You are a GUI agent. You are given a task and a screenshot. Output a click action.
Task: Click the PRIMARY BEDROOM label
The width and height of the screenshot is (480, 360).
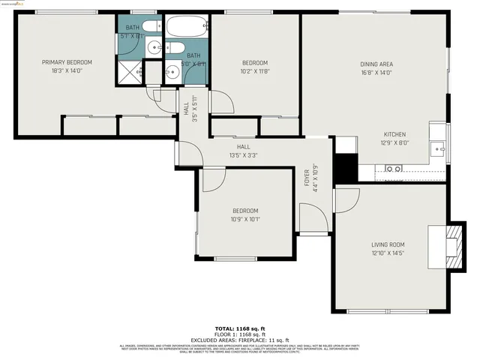[x=67, y=62]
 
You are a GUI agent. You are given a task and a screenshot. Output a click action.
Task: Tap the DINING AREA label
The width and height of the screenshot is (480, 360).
[x=375, y=64]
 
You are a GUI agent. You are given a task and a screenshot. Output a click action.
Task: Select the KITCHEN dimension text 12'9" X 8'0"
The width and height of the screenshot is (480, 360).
[x=395, y=142]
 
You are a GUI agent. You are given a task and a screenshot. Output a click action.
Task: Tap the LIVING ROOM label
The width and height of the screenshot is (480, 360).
[x=388, y=244]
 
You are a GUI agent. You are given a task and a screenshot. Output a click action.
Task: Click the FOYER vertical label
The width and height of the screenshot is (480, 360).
[x=307, y=179]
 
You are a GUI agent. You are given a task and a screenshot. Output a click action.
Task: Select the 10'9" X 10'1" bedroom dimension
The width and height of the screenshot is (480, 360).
[x=244, y=220]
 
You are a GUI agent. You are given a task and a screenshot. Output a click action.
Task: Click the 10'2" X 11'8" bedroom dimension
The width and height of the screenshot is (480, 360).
[x=254, y=72]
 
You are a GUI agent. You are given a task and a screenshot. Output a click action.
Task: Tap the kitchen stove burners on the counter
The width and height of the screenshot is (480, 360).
[x=393, y=169]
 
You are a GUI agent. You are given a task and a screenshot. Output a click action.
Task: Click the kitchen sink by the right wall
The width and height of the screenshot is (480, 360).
[x=439, y=143]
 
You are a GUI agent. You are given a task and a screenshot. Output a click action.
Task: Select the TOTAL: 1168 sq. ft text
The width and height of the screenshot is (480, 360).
[x=240, y=328]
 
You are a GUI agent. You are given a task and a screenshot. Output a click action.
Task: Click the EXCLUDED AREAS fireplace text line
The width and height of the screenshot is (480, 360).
[x=240, y=340]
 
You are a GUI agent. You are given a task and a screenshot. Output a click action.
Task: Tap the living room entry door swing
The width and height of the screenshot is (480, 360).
[x=345, y=199]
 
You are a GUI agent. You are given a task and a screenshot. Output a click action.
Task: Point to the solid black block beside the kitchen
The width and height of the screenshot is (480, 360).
[x=345, y=167]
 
